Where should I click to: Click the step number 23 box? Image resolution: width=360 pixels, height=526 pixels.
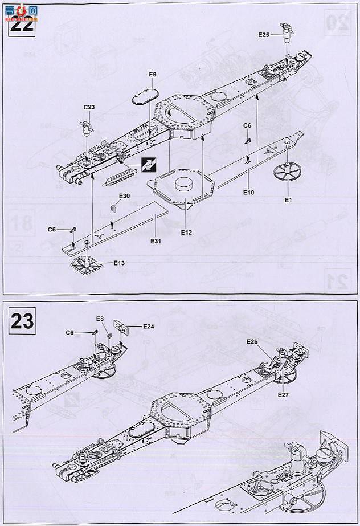[x=22, y=320]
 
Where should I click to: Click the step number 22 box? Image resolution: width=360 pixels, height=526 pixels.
[x=22, y=25]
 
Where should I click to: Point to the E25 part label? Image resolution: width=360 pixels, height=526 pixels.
[x=263, y=35]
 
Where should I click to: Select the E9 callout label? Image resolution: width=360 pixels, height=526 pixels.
[x=152, y=75]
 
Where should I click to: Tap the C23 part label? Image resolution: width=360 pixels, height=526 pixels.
[x=89, y=107]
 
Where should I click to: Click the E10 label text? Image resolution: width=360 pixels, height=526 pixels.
[x=248, y=193]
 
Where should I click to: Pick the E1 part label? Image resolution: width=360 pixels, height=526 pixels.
[x=288, y=200]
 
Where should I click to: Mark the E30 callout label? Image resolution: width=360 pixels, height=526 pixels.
[x=125, y=196]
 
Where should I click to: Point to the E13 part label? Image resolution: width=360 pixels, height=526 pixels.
[x=119, y=263]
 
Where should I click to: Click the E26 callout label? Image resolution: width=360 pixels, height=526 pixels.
[x=253, y=341]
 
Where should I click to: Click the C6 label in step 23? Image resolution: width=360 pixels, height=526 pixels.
[x=70, y=333]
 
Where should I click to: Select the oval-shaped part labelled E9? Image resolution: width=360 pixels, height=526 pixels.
[x=144, y=95]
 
